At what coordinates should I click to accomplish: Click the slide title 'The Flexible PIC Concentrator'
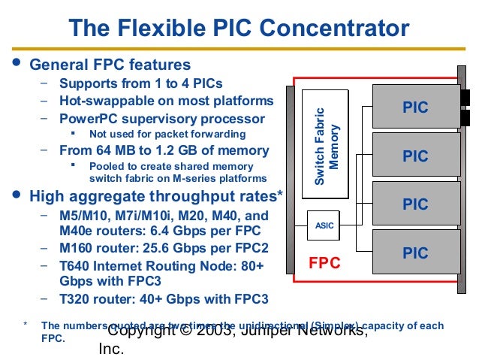point(239,29)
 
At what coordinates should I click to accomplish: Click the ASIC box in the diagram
point(324,225)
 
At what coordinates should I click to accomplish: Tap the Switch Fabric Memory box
point(325,145)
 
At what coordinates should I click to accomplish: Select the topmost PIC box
point(416,107)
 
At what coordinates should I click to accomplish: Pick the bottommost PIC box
point(416,253)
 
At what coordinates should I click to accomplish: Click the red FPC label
point(325,263)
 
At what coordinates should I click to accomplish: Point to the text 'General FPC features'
point(110,65)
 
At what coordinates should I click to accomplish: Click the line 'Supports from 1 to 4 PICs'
point(140,83)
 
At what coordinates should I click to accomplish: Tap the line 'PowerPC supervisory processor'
point(161,119)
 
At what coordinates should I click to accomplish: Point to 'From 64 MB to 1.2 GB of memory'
point(163,150)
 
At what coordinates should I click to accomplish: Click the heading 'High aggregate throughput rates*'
point(156,197)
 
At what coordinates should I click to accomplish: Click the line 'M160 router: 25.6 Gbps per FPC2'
point(164,248)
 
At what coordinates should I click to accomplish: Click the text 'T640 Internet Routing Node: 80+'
point(161,265)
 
